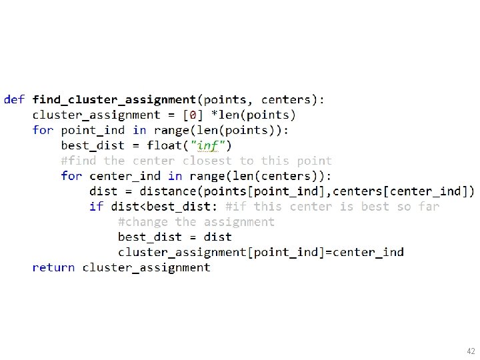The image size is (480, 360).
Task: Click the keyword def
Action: pyautogui.click(x=14, y=100)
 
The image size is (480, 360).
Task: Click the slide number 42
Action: pyautogui.click(x=471, y=351)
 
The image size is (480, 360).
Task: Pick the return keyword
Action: pyautogui.click(x=53, y=268)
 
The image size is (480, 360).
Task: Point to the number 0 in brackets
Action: pyautogui.click(x=193, y=115)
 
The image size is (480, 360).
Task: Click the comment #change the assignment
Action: pyautogui.click(x=196, y=222)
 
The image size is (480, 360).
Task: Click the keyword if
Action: pyautogui.click(x=96, y=207)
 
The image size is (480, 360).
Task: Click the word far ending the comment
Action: pyautogui.click(x=429, y=207)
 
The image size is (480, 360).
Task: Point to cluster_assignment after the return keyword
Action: pyautogui.click(x=146, y=268)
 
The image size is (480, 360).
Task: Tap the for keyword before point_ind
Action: pyautogui.click(x=43, y=130)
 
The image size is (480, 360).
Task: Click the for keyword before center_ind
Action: pyautogui.click(x=71, y=176)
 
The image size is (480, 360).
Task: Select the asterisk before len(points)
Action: pyautogui.click(x=213, y=115)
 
